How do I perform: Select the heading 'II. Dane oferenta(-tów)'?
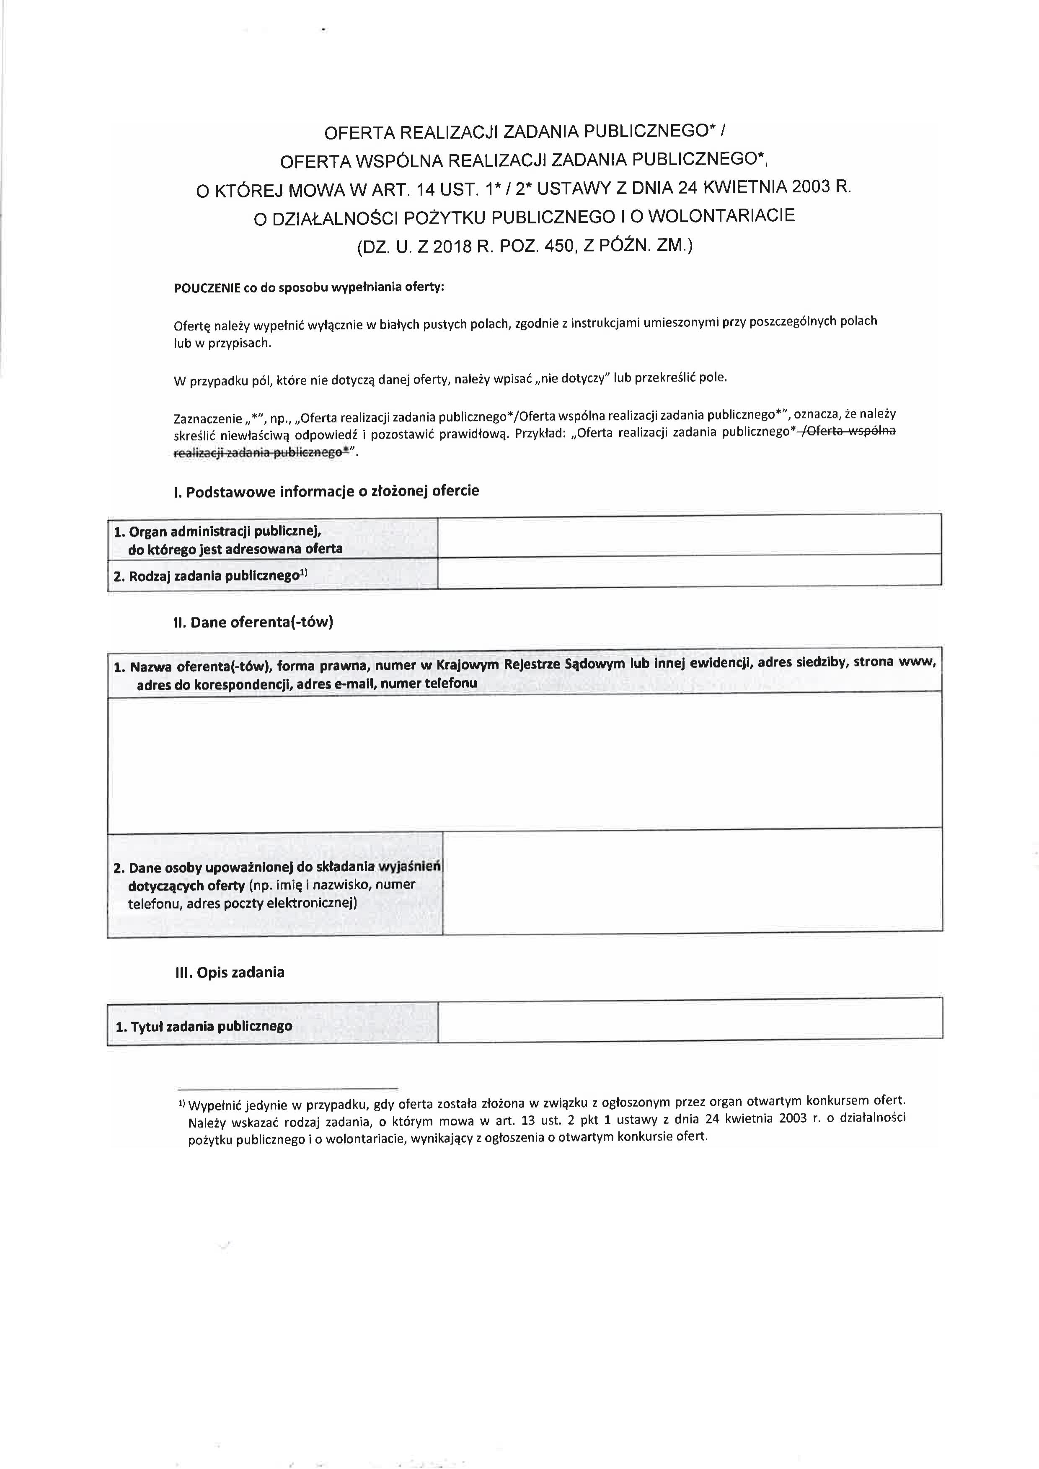[x=253, y=622]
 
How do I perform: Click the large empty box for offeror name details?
[x=525, y=762]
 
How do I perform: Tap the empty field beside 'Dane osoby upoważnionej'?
[x=692, y=882]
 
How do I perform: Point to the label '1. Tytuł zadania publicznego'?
[x=204, y=1027]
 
